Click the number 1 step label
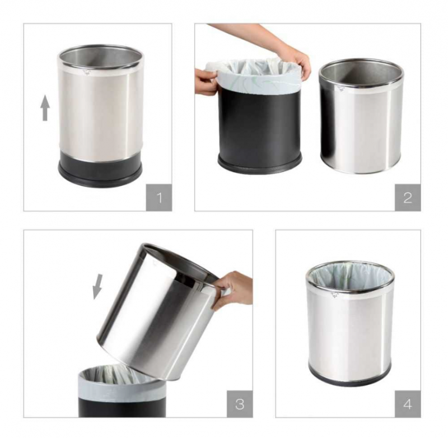(x=159, y=198)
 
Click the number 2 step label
(x=408, y=198)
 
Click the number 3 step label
(x=240, y=404)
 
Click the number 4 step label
(x=408, y=404)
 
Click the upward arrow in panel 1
(x=45, y=108)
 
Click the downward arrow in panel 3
(x=97, y=287)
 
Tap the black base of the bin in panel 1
(x=100, y=172)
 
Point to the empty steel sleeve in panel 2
(x=361, y=117)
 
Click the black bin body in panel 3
(x=122, y=406)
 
